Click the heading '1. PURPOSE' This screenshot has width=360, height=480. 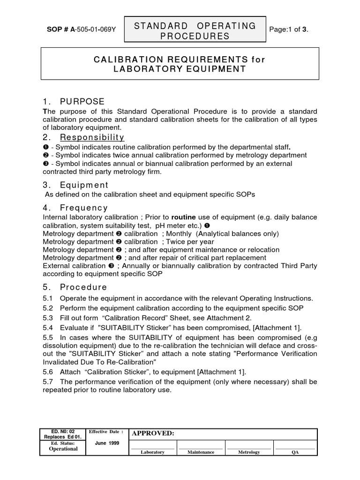pyautogui.click(x=74, y=102)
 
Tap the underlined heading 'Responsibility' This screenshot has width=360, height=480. pyautogui.click(x=92, y=137)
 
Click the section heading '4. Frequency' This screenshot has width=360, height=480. pyautogui.click(x=75, y=208)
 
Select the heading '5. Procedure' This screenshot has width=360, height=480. pyautogui.click(x=75, y=287)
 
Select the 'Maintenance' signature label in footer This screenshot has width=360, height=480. pyautogui.click(x=201, y=452)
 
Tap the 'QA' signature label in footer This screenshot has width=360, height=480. pyautogui.click(x=295, y=452)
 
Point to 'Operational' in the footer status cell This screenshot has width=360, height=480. pyautogui.click(x=63, y=449)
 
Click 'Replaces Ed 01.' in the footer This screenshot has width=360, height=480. pyautogui.click(x=63, y=436)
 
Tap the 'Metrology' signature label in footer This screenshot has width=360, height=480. pyautogui.click(x=248, y=452)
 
